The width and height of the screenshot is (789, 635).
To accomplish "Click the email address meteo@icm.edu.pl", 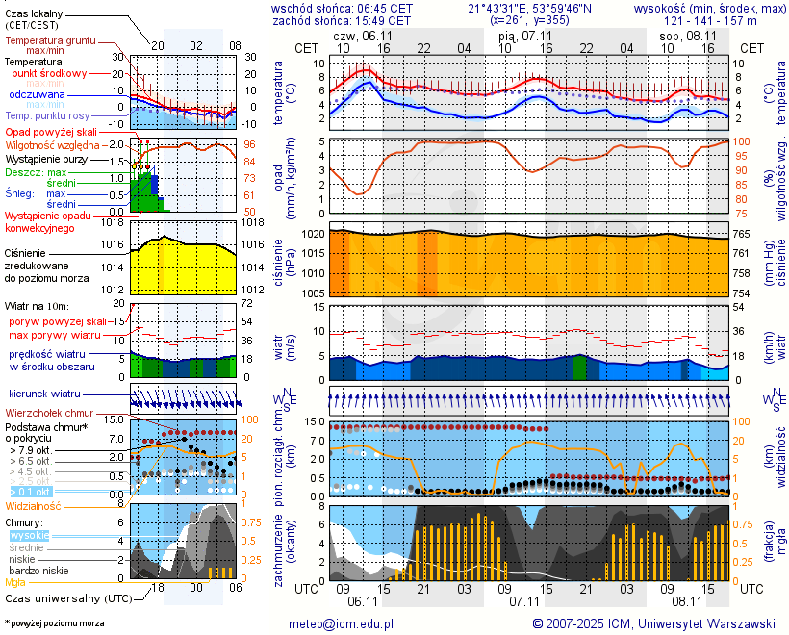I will click(342, 623).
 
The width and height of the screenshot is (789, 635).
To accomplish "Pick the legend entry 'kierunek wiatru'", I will click(44, 394).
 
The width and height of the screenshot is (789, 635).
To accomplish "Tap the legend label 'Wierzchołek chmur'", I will click(52, 413).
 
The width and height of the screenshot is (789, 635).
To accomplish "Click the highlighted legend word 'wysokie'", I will click(29, 535).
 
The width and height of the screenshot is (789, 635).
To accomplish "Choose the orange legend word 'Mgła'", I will click(15, 582).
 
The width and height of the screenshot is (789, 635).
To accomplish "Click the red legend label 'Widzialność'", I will click(34, 505).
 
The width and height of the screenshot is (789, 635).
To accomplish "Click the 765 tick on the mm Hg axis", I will click(743, 234).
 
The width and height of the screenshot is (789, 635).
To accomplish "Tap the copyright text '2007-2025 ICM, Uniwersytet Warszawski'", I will click(654, 623).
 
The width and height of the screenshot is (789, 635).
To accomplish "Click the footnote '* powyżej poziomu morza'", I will click(54, 623).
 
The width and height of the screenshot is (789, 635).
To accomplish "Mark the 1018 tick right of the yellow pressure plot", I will click(253, 222).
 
